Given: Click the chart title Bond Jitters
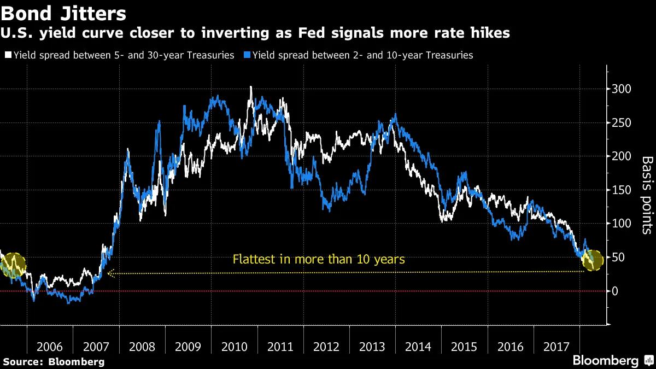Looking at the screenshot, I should pyautogui.click(x=65, y=14).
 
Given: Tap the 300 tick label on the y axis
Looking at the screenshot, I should pyautogui.click(x=623, y=89).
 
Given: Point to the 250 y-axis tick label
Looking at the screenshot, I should pyautogui.click(x=623, y=122).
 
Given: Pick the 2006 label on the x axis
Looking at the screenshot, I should pyautogui.click(x=50, y=347).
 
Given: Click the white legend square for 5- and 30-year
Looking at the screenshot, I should pyautogui.click(x=8, y=55).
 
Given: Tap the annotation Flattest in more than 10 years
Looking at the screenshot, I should pyautogui.click(x=319, y=259).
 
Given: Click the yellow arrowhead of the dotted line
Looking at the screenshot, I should pyautogui.click(x=110, y=273).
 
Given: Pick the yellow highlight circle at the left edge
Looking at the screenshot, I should pyautogui.click(x=14, y=265).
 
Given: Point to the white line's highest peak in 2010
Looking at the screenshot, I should pyautogui.click(x=250, y=87).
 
